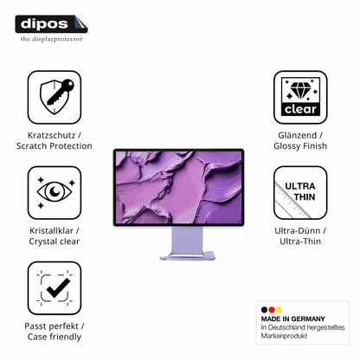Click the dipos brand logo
(51, 24)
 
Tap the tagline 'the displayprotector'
(51, 39)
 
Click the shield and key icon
(55, 97)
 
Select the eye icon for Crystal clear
(55, 192)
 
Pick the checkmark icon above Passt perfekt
(55, 288)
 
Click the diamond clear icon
(300, 97)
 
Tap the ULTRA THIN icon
(300, 192)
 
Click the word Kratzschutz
(51, 135)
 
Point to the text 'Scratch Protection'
(55, 146)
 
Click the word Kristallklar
(51, 231)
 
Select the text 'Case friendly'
(55, 337)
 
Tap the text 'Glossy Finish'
(300, 146)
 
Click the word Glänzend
(298, 135)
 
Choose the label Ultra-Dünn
(298, 231)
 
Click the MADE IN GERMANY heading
(292, 318)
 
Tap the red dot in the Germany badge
(272, 310)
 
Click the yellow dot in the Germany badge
(279, 310)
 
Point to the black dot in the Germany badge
(264, 310)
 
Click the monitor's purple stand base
(188, 256)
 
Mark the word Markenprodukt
(284, 336)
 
